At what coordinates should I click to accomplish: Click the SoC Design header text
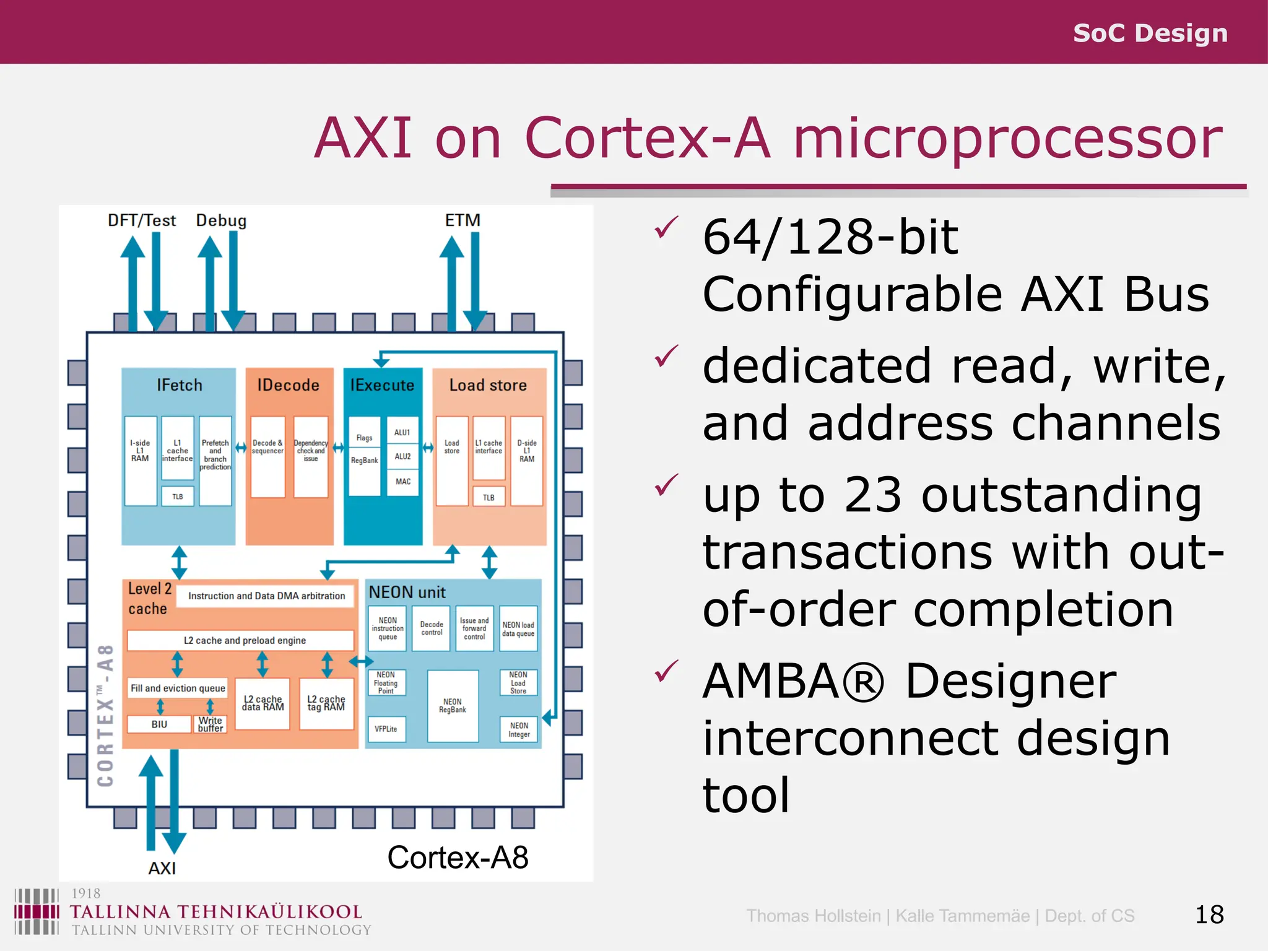pos(1150,33)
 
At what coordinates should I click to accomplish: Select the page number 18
pos(1209,914)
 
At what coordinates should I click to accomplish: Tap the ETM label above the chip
pos(462,220)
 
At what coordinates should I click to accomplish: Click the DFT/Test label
pos(142,220)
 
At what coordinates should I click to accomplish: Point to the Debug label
pos(221,220)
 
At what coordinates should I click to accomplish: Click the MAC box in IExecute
pos(403,482)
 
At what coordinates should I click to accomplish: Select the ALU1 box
pos(402,433)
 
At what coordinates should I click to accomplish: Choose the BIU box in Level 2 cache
pos(159,724)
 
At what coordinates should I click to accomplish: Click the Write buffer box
pos(211,724)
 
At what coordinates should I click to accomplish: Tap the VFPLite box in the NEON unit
pos(386,729)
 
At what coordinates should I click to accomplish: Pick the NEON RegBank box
pos(453,706)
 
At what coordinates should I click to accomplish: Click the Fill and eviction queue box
pos(178,688)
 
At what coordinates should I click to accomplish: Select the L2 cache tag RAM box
pos(326,703)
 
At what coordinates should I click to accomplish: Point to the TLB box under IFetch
pos(178,497)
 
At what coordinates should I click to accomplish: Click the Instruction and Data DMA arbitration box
pos(266,596)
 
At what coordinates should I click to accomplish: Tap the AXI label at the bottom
pos(162,868)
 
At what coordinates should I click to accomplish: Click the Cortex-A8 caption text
pos(458,858)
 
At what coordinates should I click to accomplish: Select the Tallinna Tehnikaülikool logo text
pos(215,912)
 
